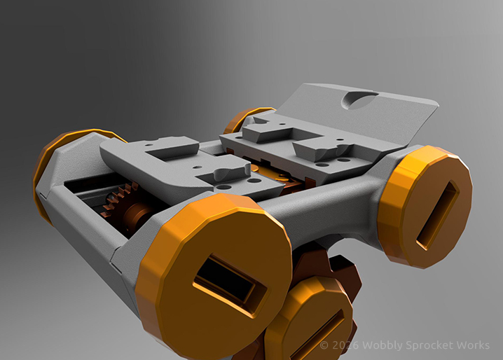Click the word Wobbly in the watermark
383,346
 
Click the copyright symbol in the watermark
324,345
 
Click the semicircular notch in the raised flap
359,99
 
